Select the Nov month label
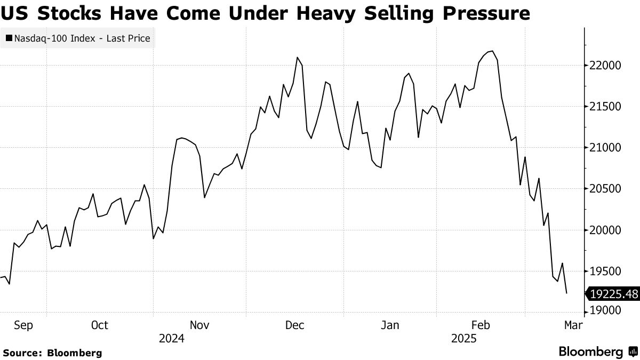pos(199,325)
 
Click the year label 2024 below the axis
pos(171,338)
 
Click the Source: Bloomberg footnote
pos(52,353)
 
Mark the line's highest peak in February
pos(492,51)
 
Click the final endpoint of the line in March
pos(566,293)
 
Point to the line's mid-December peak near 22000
pos(297,58)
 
